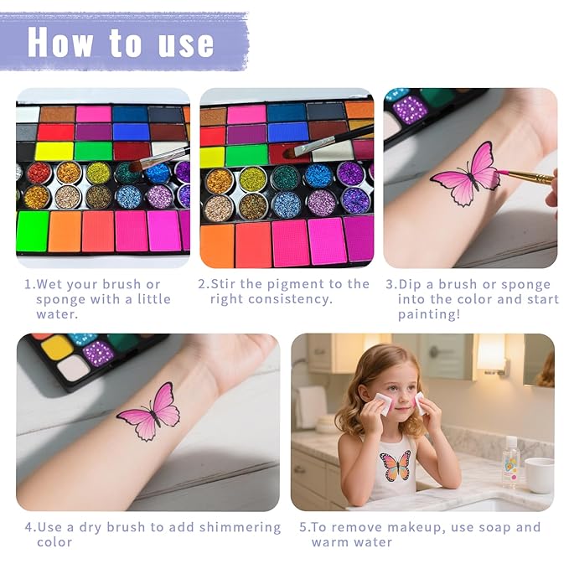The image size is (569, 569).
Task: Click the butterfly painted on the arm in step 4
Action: point(148,411)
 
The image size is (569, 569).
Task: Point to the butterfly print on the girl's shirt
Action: point(395,465)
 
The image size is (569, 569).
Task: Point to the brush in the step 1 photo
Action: point(159,158)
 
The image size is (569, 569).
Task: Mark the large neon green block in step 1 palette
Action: point(32,230)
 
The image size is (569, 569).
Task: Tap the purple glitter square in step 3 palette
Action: point(410,108)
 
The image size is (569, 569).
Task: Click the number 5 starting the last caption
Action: point(303,527)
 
